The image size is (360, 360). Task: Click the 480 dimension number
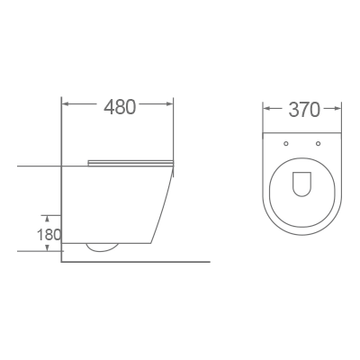tap(120, 107)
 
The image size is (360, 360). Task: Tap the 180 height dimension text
tap(49, 234)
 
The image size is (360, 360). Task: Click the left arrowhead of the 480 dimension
tap(66, 107)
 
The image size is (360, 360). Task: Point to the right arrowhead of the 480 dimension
tap(171, 107)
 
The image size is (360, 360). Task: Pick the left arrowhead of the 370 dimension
tap(266, 111)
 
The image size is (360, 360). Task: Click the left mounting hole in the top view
tap(286, 143)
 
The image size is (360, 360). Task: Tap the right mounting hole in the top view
tap(319, 143)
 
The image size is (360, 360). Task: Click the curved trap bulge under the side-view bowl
tap(103, 247)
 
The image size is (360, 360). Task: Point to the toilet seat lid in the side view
tap(130, 162)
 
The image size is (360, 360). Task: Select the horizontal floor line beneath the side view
tap(135, 262)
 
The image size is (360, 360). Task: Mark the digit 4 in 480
tap(110, 107)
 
